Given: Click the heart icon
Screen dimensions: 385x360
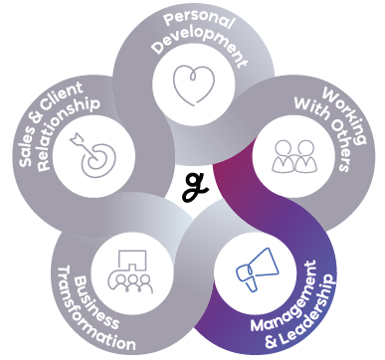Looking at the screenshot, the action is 194,86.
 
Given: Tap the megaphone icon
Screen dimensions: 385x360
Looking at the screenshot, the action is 258,270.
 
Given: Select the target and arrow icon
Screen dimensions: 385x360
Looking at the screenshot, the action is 93,154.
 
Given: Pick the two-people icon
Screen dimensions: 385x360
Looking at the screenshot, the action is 294,156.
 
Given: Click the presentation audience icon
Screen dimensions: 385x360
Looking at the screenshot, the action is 131,271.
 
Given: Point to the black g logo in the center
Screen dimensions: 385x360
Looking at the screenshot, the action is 195,187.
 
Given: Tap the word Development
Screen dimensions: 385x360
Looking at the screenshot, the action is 201,48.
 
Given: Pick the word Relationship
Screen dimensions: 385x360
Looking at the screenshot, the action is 68,132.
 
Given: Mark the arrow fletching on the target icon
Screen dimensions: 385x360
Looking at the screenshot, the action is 76,138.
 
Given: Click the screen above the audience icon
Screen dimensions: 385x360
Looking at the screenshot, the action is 132,260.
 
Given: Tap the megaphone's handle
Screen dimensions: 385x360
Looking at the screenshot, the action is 252,283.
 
